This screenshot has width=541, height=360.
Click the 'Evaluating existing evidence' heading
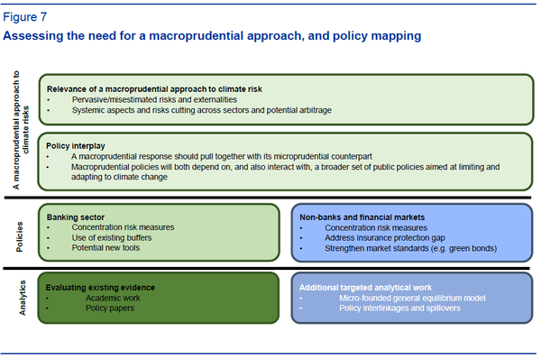(101, 287)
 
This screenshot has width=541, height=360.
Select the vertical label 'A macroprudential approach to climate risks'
(23, 131)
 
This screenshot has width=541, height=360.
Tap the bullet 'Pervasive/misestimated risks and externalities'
(155, 99)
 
